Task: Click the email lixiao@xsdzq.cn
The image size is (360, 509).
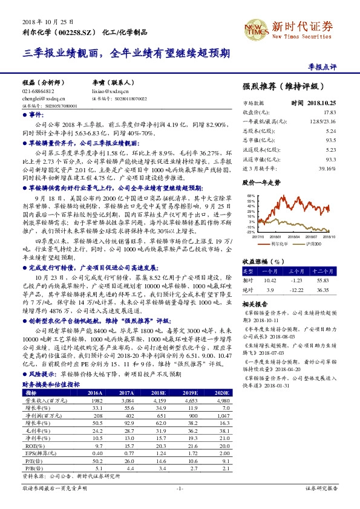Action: pyautogui.click(x=111, y=91)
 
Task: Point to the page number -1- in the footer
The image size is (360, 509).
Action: pyautogui.click(x=180, y=488)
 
